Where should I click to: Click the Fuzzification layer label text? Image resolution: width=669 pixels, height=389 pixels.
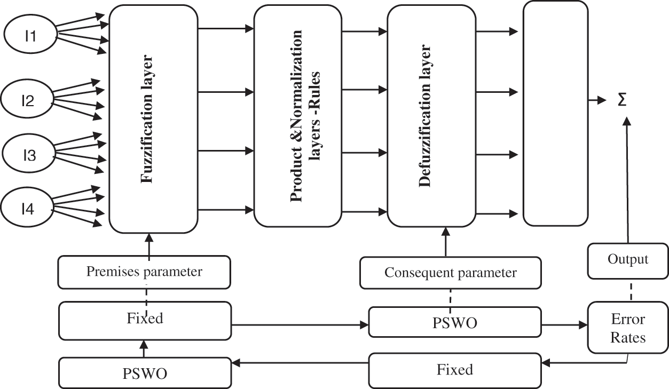pyautogui.click(x=147, y=118)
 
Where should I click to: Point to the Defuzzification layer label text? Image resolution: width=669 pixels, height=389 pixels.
pyautogui.click(x=425, y=116)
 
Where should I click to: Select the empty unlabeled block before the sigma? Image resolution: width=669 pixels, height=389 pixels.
pyautogui.click(x=555, y=113)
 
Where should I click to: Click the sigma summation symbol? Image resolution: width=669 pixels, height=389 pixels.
pyautogui.click(x=622, y=100)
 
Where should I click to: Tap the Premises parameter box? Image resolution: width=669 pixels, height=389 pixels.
pyautogui.click(x=144, y=272)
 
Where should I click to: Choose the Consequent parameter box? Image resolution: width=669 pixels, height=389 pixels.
pyautogui.click(x=451, y=273)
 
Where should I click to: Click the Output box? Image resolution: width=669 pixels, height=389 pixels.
pyautogui.click(x=628, y=260)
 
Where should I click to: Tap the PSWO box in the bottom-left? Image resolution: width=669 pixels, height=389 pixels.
pyautogui.click(x=145, y=372)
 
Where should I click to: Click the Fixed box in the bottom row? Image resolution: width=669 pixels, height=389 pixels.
pyautogui.click(x=455, y=370)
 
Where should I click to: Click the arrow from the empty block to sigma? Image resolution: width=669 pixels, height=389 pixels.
pyautogui.click(x=597, y=100)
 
